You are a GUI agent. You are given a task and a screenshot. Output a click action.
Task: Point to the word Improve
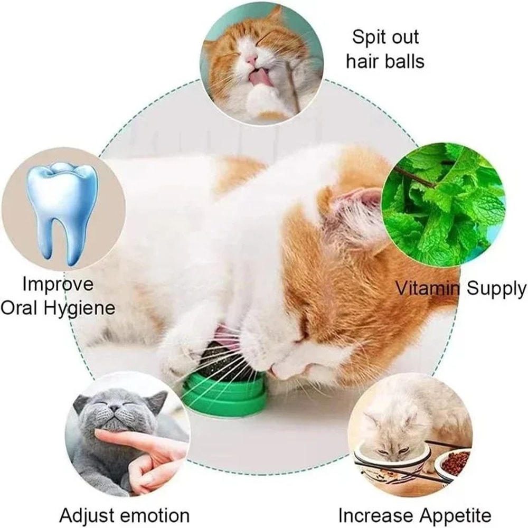pos(58,285)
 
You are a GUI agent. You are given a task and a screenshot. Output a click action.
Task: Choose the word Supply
pos(494,288)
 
